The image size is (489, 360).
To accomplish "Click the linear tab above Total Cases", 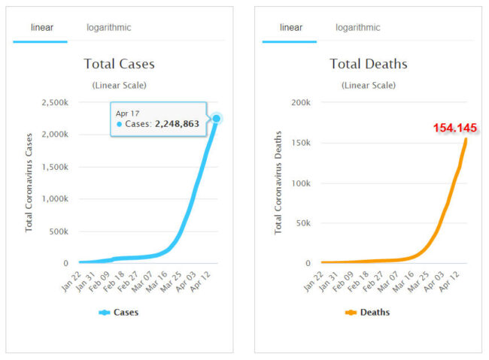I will point(42,28).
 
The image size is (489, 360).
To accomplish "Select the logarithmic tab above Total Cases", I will point(108,28).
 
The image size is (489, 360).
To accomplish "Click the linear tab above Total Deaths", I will point(291,28).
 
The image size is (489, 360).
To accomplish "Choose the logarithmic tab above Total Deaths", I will point(357,28).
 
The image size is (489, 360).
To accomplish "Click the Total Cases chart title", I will point(119,64).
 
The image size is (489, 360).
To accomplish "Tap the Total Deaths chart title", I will point(369,64).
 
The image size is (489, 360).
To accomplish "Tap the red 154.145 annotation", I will point(456,128).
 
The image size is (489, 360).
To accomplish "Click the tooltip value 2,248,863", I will point(177,124).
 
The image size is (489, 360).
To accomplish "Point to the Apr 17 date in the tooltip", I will point(127,113).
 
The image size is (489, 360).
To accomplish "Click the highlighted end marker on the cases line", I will point(217,119).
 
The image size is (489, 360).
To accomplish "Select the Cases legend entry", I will point(119,312).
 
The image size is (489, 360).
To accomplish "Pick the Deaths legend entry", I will point(368,312).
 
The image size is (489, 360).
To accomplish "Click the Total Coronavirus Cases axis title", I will point(29,182).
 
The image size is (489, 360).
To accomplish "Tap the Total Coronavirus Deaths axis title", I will point(278,182).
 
